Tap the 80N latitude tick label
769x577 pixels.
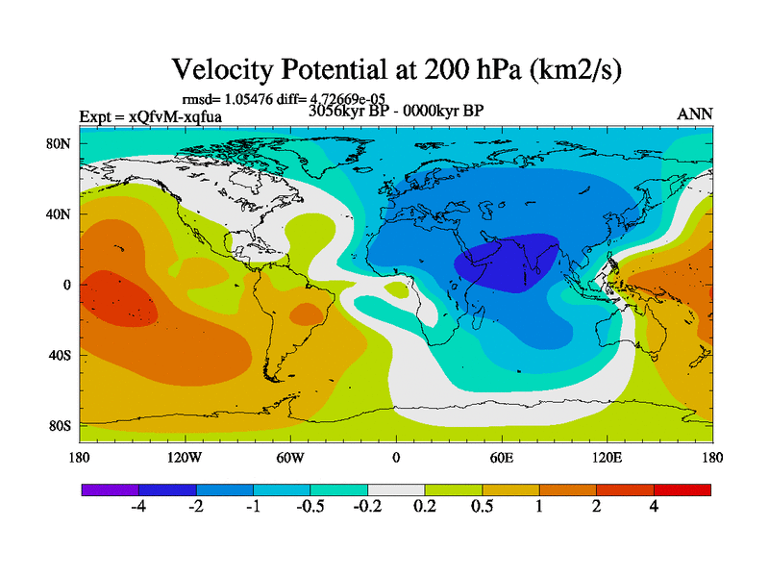(61, 144)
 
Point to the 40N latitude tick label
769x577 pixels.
(61, 214)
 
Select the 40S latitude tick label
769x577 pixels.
(61, 355)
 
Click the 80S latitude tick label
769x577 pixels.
(61, 425)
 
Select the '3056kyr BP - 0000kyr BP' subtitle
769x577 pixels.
(395, 110)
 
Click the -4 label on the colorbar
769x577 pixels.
(138, 508)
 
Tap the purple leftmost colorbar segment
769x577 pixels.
(110, 490)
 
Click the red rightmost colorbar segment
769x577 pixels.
(682, 490)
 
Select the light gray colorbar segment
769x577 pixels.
(396, 490)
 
